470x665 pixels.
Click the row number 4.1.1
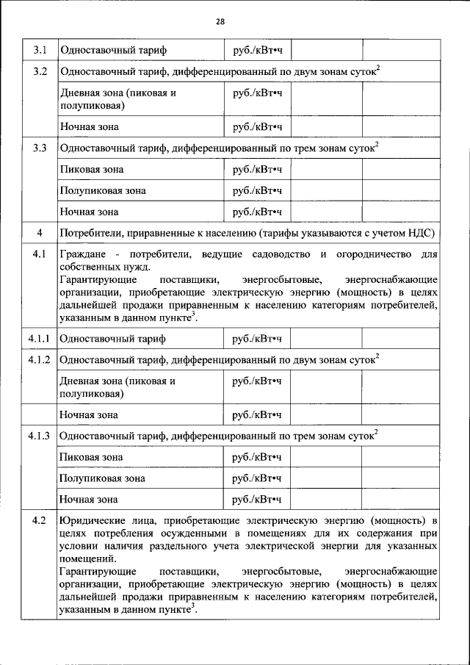40,339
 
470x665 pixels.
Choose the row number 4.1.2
40,360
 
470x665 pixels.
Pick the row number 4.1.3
40,436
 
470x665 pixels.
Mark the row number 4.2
40,520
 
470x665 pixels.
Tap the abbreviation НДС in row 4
422,233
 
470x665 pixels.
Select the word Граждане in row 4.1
83,254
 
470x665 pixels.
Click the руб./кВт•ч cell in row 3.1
257,51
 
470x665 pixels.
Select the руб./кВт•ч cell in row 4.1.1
257,339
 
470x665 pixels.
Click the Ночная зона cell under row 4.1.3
89,500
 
